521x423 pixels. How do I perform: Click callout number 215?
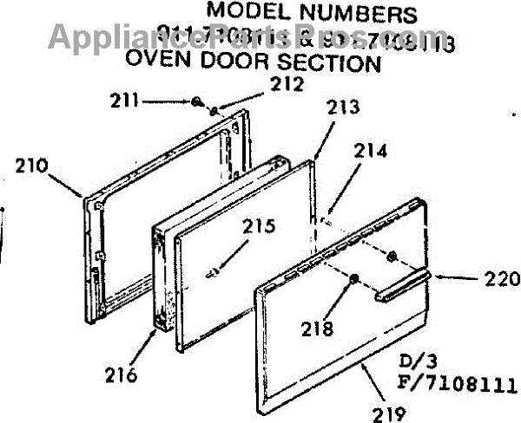click(x=258, y=227)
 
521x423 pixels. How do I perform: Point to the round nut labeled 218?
click(x=354, y=278)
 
